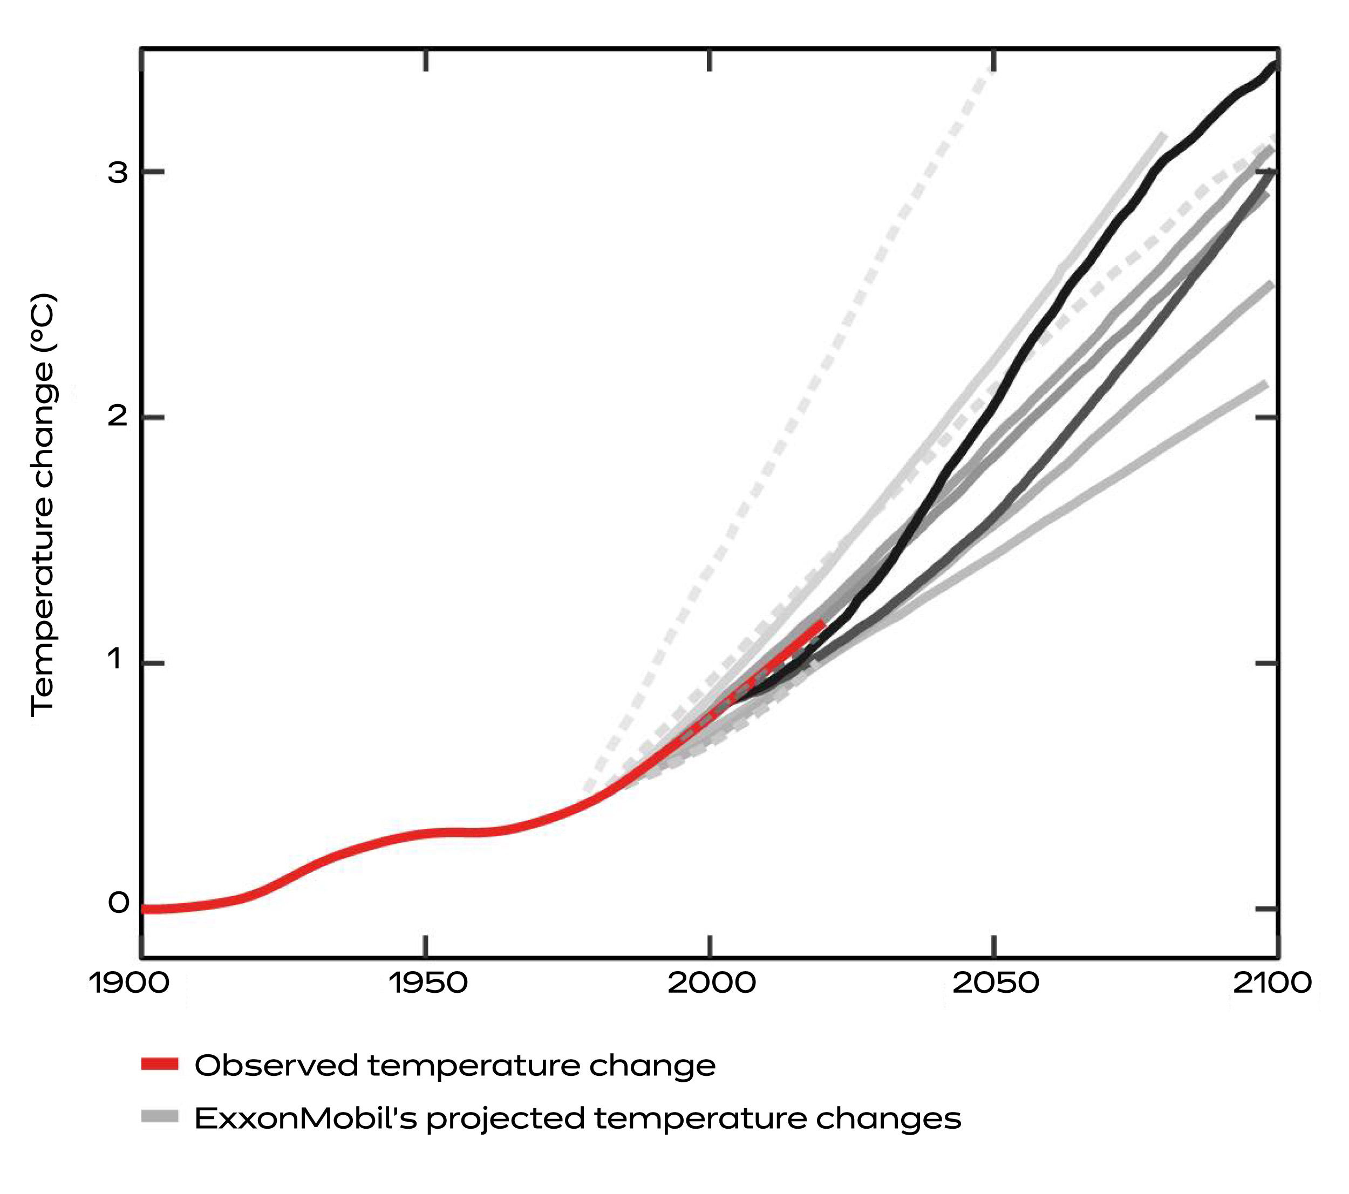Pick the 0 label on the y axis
[x=118, y=904]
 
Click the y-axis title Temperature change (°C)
[x=44, y=506]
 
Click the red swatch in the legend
[x=160, y=1064]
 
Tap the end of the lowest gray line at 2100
[x=1264, y=384]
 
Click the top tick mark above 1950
[x=426, y=60]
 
